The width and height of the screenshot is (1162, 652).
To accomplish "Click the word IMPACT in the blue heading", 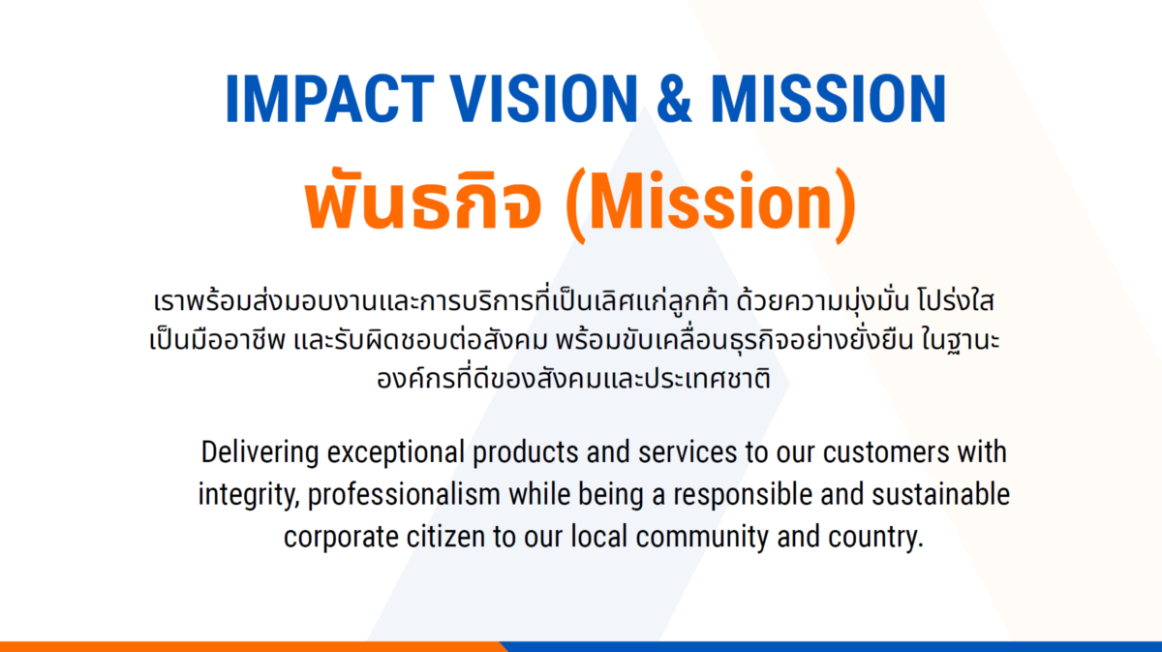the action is (330, 99).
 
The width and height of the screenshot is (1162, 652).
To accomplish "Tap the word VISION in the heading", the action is (543, 99).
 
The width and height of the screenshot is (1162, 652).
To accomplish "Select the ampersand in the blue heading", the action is (674, 99).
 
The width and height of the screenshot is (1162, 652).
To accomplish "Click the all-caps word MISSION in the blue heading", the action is (829, 99).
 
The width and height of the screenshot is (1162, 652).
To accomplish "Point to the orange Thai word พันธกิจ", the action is (423, 200).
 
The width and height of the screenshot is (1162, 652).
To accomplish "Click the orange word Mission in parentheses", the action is (711, 202).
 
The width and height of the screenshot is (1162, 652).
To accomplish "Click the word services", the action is (688, 452).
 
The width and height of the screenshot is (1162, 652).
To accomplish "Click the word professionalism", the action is (404, 495).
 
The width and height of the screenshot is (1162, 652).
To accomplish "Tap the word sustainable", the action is (940, 494).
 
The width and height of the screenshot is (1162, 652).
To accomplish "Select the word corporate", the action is (341, 538).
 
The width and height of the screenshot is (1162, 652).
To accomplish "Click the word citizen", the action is (446, 537).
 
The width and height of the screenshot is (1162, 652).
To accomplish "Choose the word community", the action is (702, 538).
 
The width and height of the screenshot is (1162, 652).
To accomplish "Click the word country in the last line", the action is (875, 538).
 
